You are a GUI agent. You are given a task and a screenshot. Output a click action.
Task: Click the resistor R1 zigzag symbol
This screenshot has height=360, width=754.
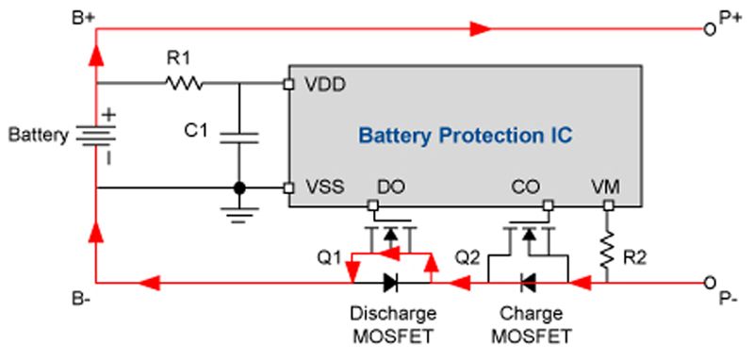click(x=183, y=84)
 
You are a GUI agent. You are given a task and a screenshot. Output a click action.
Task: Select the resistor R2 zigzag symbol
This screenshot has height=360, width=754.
click(x=609, y=249)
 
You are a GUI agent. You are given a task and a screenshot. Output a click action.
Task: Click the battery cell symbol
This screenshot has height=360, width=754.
click(x=96, y=137)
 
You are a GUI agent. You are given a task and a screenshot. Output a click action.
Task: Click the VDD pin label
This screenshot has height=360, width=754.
click(x=325, y=83)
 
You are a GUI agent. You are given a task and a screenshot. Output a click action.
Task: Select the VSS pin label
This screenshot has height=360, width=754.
click(x=324, y=188)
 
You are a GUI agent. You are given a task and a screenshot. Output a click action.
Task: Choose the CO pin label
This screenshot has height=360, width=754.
click(x=524, y=188)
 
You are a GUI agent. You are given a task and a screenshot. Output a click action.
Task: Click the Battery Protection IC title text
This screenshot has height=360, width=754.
click(x=465, y=136)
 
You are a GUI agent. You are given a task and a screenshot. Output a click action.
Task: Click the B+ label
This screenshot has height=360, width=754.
click(x=83, y=16)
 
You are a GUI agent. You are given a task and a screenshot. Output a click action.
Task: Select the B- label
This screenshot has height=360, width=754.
click(x=82, y=301)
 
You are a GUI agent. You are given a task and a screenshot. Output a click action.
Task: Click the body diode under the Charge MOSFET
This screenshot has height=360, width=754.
click(x=529, y=281)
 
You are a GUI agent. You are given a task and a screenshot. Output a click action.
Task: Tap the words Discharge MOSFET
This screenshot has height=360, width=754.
click(x=394, y=323)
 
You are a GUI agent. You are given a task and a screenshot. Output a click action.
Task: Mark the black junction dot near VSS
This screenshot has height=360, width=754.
click(x=239, y=188)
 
